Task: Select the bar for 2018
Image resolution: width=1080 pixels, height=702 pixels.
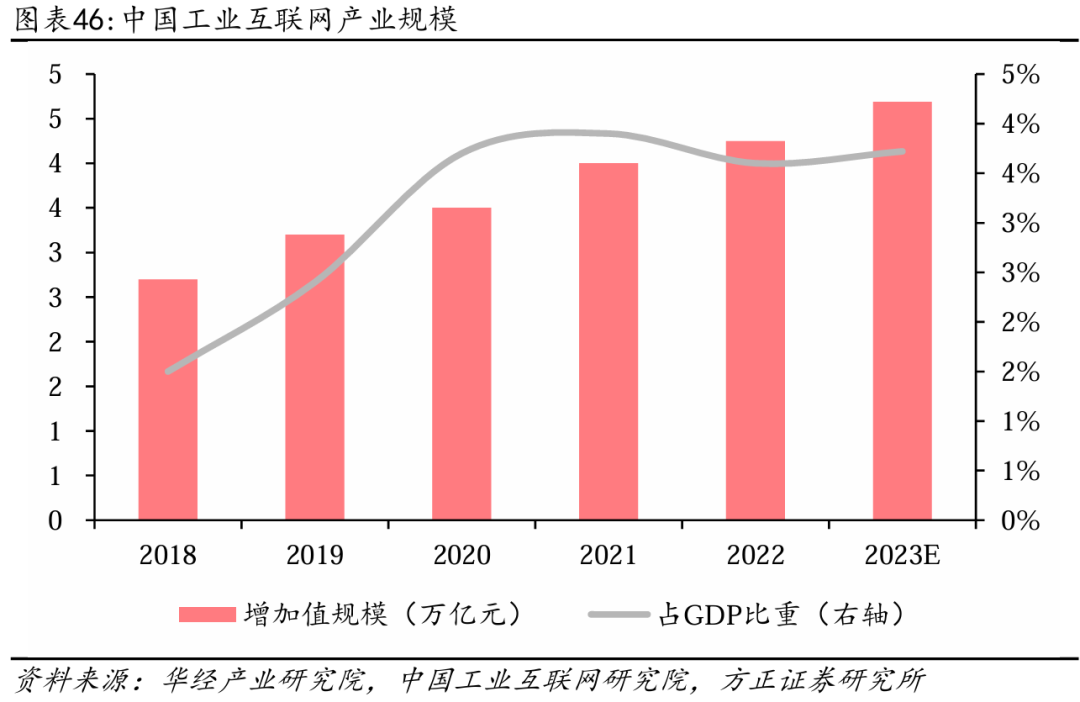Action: tap(168, 400)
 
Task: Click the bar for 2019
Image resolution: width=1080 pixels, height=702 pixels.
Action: tap(315, 377)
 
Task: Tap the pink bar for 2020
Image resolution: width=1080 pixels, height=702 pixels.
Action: tap(462, 364)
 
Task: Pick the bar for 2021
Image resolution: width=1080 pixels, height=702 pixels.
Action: tap(609, 341)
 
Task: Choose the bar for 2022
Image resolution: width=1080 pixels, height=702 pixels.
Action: tap(755, 330)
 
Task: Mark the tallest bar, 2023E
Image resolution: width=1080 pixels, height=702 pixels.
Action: tap(902, 311)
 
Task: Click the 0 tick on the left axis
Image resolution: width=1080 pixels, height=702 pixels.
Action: tap(56, 521)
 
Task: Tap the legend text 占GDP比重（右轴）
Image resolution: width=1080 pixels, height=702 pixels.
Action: tap(780, 614)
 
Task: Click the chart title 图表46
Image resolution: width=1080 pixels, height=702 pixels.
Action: tap(59, 21)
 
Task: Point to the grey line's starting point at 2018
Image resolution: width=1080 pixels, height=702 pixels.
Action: tap(168, 370)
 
